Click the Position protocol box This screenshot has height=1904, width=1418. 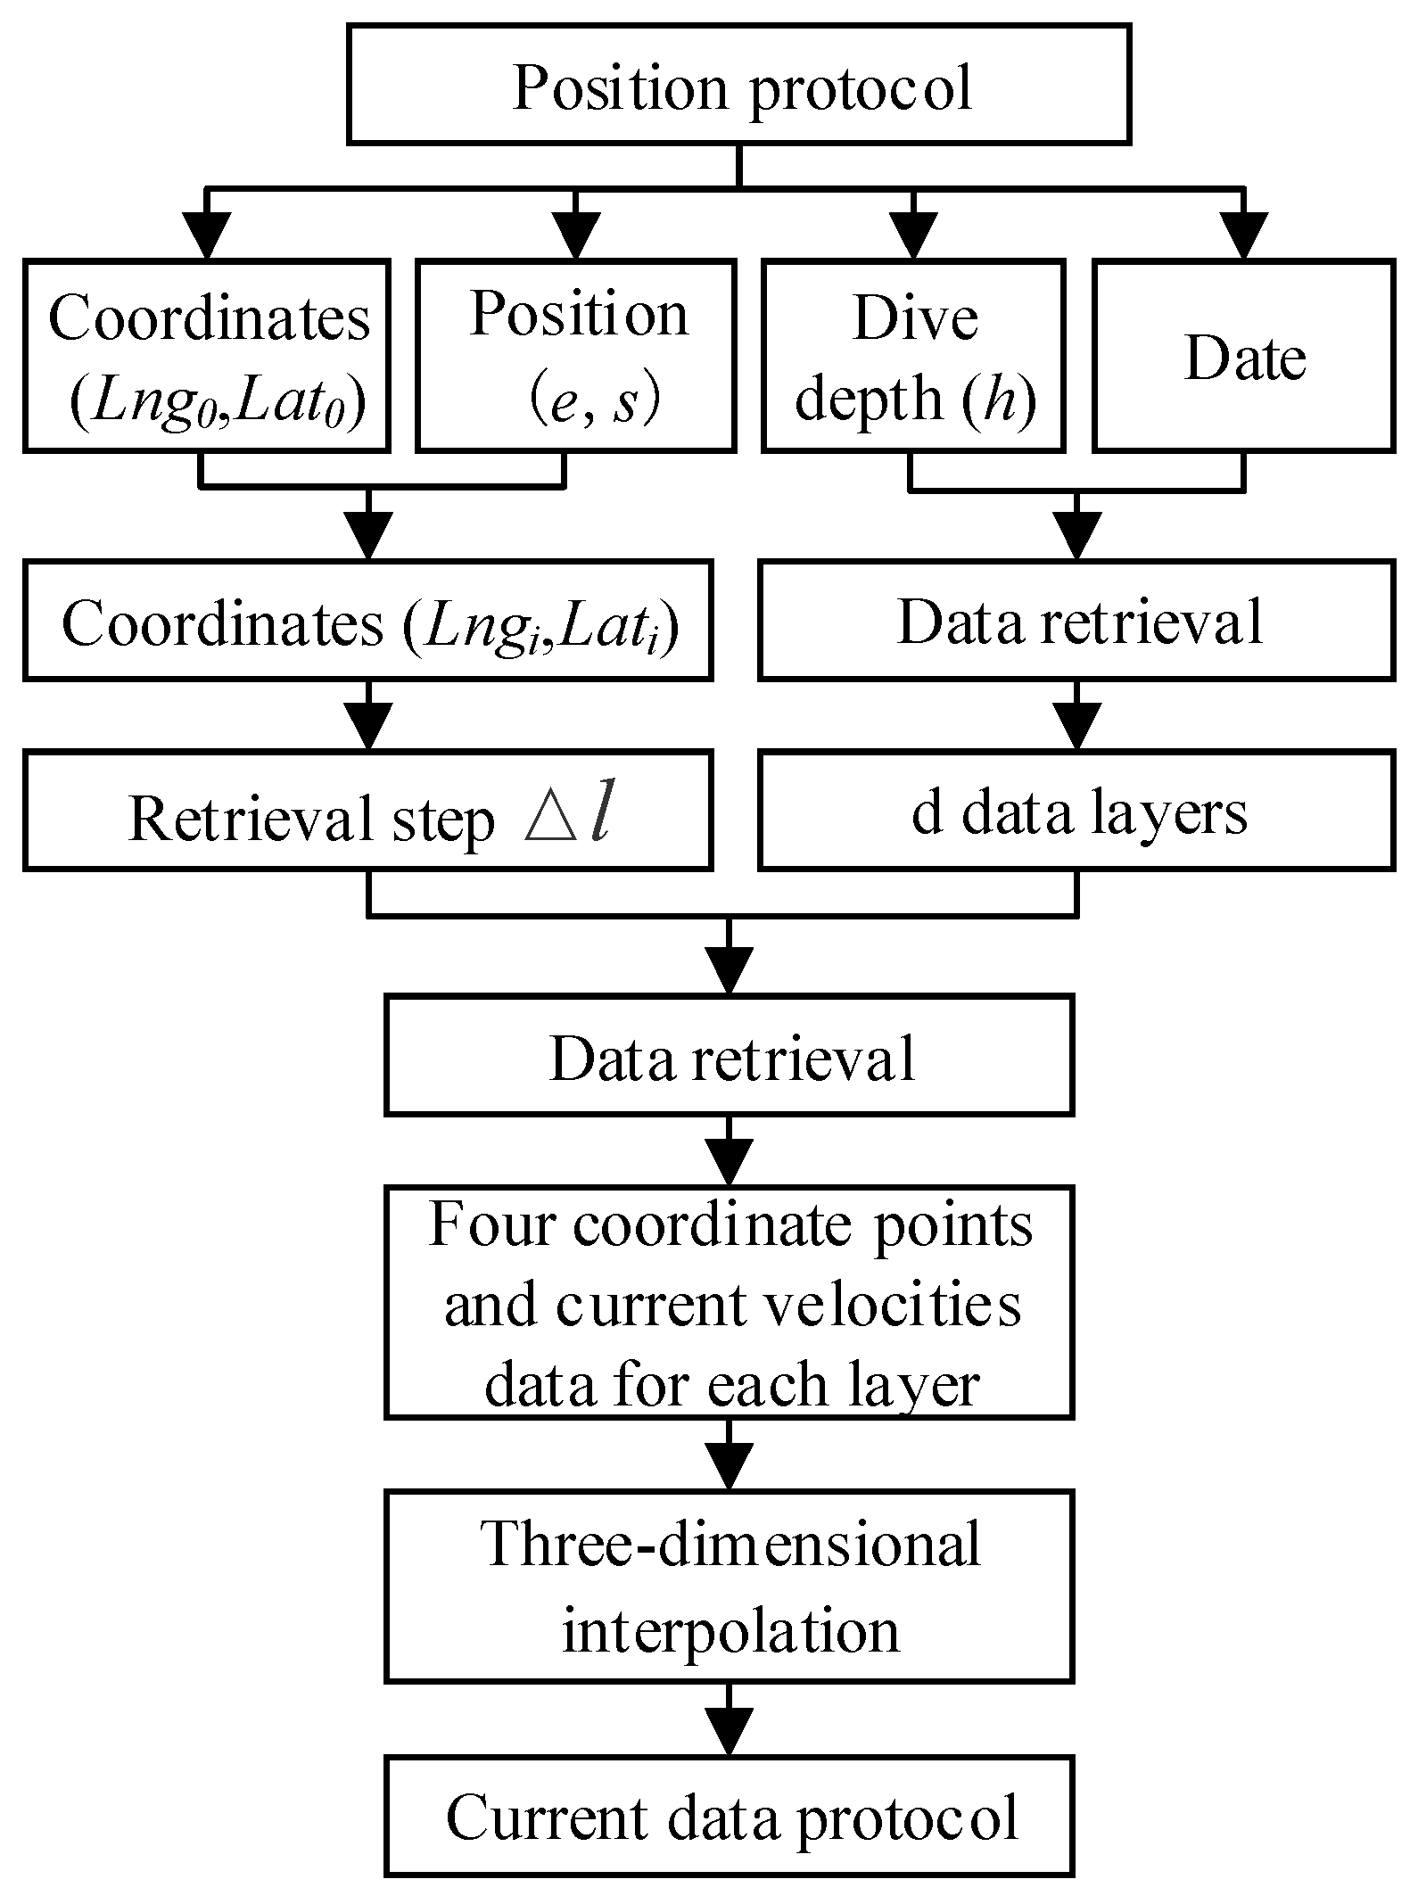coord(738,84)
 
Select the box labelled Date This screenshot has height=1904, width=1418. coord(1243,355)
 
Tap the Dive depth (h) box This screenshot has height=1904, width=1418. coord(912,355)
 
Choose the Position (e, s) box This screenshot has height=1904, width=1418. coord(576,355)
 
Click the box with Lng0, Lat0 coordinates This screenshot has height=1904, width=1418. coord(206,355)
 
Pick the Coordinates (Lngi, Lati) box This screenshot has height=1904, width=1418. coord(367,620)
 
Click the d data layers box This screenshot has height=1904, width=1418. coord(1076,810)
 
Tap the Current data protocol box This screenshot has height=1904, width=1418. coord(729,1815)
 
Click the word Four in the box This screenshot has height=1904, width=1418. coord(492,1224)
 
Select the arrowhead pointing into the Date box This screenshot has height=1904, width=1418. coord(1243,236)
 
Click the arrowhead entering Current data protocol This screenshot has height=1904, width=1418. coord(729,1731)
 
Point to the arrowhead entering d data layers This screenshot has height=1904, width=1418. coord(1076,727)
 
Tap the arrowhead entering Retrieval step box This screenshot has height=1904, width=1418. coord(367,727)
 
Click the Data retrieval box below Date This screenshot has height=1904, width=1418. coord(1076,620)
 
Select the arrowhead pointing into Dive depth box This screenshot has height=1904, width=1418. coord(912,236)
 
